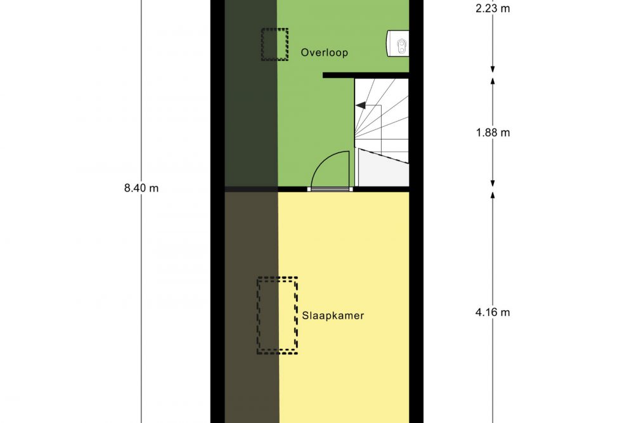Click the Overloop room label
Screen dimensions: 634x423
point(324,53)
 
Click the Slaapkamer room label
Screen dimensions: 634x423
point(333,315)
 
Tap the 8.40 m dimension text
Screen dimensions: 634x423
point(141,188)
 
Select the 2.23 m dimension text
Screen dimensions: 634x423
point(493,8)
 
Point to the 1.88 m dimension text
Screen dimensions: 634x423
point(493,133)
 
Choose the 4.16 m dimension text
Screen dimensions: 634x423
point(493,312)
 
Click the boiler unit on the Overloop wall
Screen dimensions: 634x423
point(398,43)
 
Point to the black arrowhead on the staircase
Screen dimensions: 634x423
point(360,105)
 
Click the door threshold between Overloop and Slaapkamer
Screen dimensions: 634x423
point(330,189)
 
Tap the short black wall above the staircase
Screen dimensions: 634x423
point(366,75)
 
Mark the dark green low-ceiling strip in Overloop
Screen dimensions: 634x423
point(250,93)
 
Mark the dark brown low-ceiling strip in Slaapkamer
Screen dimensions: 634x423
point(252,308)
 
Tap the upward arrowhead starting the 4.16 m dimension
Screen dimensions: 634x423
point(493,196)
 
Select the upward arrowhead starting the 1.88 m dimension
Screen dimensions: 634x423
point(493,81)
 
